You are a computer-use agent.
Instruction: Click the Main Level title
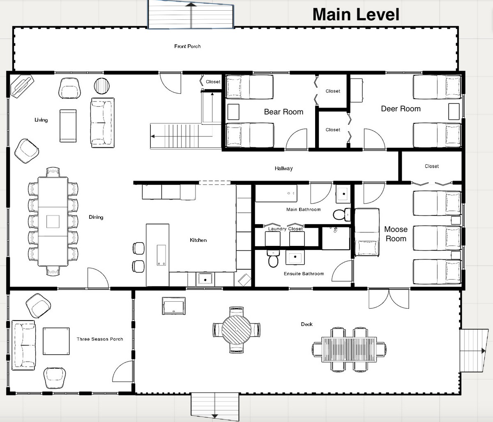pos(356,14)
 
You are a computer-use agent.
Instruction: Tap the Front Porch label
pos(187,46)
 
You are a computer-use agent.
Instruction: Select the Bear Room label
pos(283,112)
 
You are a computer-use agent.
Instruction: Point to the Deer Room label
pos(401,109)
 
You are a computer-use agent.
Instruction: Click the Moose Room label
pos(396,234)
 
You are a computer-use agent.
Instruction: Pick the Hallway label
pos(283,168)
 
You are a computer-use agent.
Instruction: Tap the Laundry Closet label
pos(286,229)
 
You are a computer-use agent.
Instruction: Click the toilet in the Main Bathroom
pos(342,214)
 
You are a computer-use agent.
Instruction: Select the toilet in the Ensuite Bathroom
pos(273,259)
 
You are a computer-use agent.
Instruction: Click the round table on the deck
pos(236,330)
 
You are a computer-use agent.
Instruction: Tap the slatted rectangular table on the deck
pos(349,349)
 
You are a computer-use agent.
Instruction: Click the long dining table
pos(53,221)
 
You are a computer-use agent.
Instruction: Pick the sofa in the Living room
pos(102,123)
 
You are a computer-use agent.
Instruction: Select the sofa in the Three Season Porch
pos(23,345)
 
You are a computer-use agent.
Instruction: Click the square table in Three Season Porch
pos(56,341)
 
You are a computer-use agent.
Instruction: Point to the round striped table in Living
pos(102,86)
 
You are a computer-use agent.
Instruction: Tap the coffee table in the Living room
pos(68,126)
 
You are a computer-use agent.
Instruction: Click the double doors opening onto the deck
pos(389,298)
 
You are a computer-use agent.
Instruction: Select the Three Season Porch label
pos(100,339)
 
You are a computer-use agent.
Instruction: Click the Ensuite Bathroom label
pos(304,274)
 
